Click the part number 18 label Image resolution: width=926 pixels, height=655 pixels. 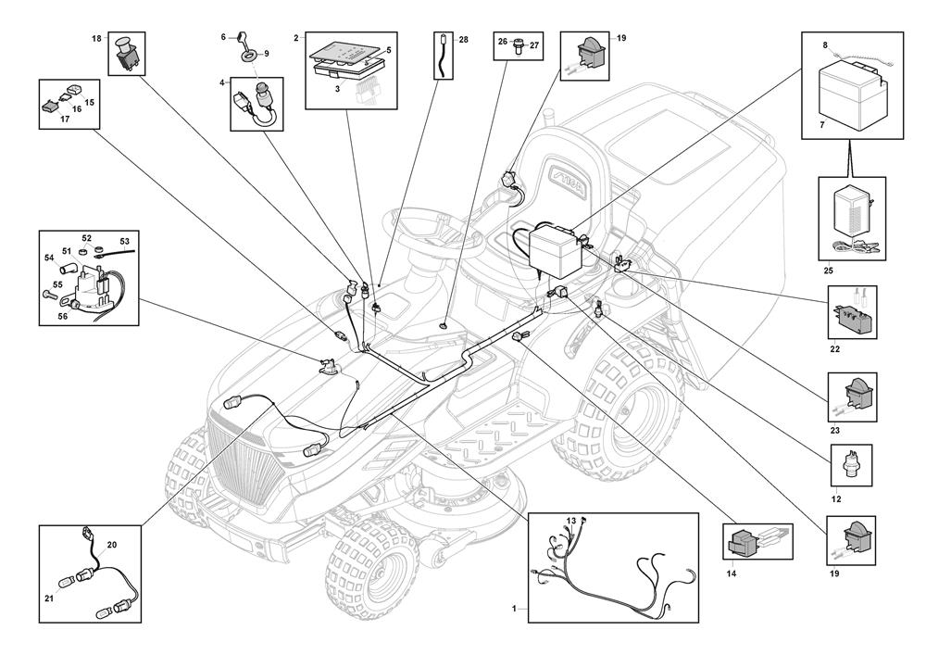(x=96, y=38)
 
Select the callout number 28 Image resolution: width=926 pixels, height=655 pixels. (x=463, y=40)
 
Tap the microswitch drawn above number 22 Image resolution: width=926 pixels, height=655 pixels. (x=852, y=315)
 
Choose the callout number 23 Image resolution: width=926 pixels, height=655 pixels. (x=835, y=431)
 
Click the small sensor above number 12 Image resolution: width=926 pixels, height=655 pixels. (x=849, y=462)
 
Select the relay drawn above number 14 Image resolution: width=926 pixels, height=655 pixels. (x=745, y=543)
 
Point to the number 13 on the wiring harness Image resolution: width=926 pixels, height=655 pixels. (x=571, y=522)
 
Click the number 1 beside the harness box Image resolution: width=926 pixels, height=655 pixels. (x=514, y=609)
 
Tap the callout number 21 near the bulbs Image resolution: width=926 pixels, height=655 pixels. (x=49, y=598)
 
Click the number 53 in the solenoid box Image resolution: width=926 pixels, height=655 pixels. (x=123, y=241)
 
